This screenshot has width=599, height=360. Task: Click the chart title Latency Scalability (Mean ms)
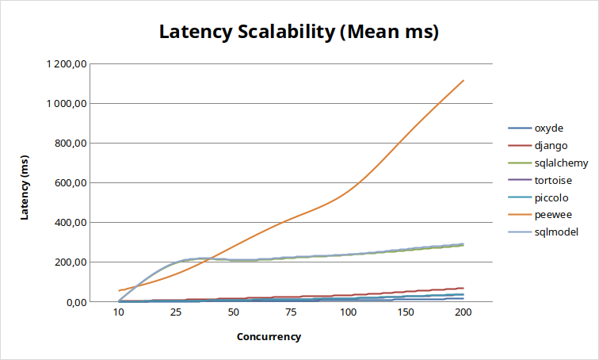(299, 33)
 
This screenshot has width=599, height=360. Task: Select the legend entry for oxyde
(549, 128)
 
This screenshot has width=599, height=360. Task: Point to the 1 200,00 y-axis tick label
(68, 64)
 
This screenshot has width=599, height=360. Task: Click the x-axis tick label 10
(119, 313)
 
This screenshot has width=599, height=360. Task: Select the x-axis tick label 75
(291, 313)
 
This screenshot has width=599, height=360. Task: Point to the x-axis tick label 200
(463, 313)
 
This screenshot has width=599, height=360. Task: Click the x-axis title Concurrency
(269, 336)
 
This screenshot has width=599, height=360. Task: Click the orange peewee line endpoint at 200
(464, 80)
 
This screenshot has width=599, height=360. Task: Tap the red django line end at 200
(464, 288)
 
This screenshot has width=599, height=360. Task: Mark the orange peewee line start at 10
(119, 290)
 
